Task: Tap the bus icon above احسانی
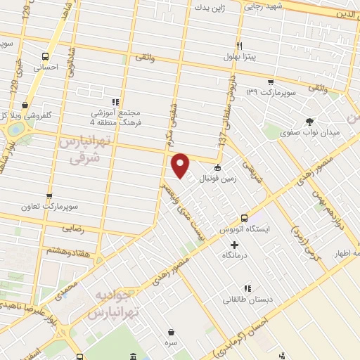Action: (x=46, y=57)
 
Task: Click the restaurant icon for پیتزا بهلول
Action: (x=240, y=45)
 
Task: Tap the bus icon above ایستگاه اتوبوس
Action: (x=244, y=218)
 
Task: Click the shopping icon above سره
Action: (x=172, y=331)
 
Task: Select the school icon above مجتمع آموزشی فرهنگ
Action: (x=115, y=101)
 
